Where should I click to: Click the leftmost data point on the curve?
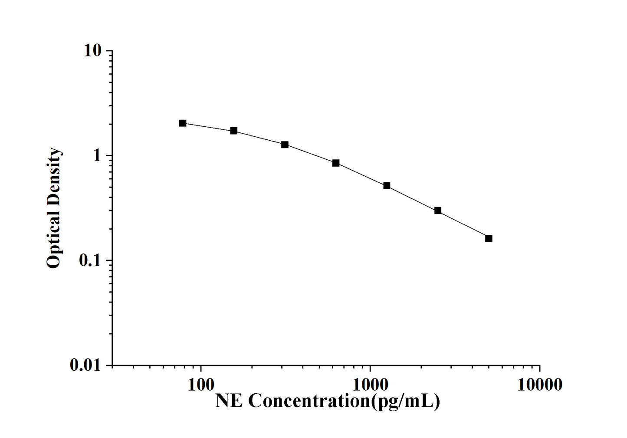[x=183, y=123]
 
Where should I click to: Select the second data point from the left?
[x=234, y=131]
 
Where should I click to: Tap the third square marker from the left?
[x=285, y=145]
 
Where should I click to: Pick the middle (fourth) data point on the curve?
[x=336, y=163]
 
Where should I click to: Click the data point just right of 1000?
[x=387, y=186]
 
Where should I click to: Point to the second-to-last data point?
[x=438, y=211]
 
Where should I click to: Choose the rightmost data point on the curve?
[x=489, y=238]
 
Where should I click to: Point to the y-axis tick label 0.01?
[x=85, y=366]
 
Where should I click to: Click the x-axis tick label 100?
[x=200, y=385]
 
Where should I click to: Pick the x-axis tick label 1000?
[x=370, y=385]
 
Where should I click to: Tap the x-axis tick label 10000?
[x=539, y=385]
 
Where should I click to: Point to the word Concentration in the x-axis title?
[x=309, y=401]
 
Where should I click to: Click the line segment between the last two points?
[x=463, y=224]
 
